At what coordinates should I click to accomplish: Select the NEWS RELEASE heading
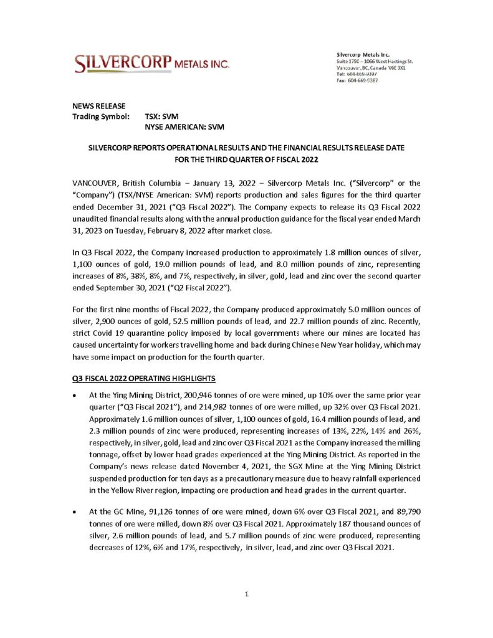coord(99,105)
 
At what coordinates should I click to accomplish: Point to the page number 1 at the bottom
coord(247,594)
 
